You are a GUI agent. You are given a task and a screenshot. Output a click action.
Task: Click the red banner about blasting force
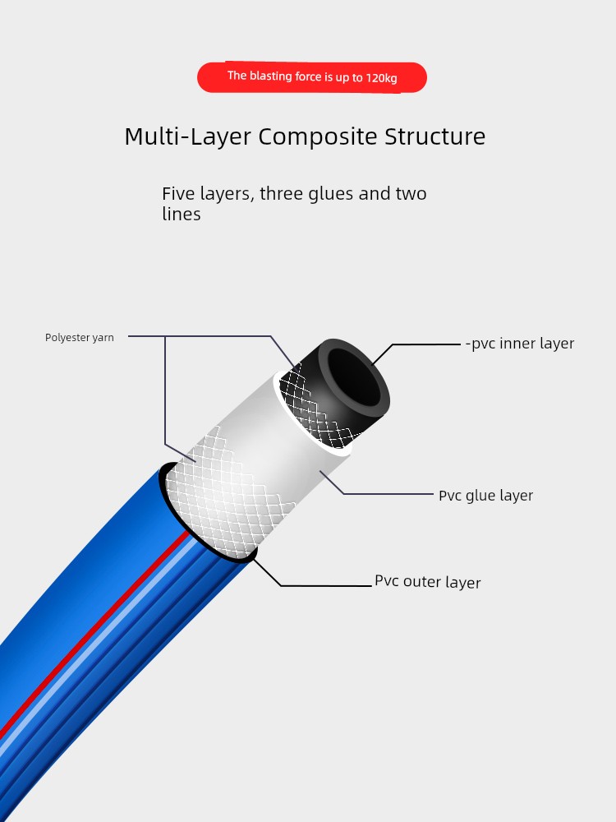311,77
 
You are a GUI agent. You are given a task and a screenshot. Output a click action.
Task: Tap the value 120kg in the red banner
381,79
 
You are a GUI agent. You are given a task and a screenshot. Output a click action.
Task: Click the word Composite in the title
317,136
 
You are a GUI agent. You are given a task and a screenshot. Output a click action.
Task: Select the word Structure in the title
434,136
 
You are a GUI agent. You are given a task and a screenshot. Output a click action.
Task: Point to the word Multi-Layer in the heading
187,136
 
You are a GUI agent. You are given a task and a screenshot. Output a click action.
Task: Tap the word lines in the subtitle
182,214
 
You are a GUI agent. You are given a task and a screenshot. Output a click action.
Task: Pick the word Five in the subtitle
178,193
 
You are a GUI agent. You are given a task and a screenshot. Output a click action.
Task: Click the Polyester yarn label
80,338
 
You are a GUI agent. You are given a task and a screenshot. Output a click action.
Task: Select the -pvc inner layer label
520,344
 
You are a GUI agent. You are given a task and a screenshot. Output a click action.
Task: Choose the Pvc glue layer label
485,496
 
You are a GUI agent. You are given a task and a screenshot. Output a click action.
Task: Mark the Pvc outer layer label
427,581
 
